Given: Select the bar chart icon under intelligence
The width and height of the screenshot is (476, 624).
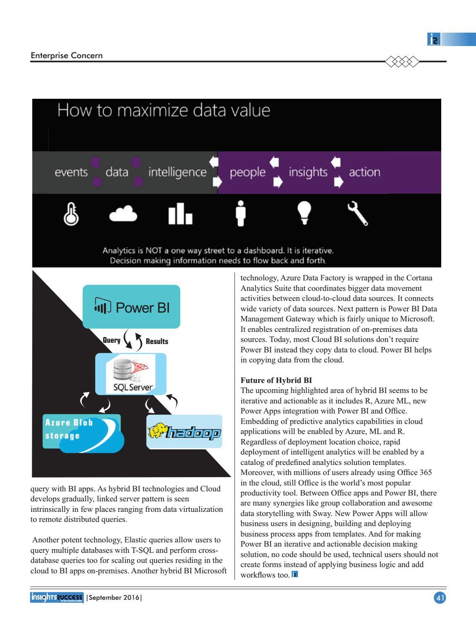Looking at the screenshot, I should pyautogui.click(x=180, y=214).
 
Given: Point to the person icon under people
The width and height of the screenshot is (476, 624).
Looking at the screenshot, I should pyautogui.click(x=241, y=213).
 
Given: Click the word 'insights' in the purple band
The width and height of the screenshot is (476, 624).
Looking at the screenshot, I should pyautogui.click(x=308, y=172).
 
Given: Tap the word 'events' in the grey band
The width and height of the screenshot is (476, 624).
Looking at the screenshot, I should pyautogui.click(x=71, y=172).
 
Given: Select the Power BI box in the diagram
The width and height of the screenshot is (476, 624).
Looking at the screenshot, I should pyautogui.click(x=131, y=307).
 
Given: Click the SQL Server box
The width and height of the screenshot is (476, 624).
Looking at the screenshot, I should pyautogui.click(x=131, y=374).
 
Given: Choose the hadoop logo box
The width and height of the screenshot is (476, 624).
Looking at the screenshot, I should pyautogui.click(x=184, y=431).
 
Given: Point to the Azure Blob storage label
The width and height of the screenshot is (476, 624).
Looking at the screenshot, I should pyautogui.click(x=69, y=429).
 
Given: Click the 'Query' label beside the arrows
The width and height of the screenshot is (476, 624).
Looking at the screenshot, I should pyautogui.click(x=111, y=340).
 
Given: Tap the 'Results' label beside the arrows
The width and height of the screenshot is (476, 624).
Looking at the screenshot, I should pyautogui.click(x=157, y=342).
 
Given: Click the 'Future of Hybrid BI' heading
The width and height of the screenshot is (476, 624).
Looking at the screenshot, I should pyautogui.click(x=276, y=380).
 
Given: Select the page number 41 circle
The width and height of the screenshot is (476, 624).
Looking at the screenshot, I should pyautogui.click(x=440, y=598).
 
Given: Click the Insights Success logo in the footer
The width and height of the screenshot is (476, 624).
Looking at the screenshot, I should pyautogui.click(x=57, y=598).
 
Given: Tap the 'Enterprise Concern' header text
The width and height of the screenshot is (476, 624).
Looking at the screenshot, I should pyautogui.click(x=67, y=55).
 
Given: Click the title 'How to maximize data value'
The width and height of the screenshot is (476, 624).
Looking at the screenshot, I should pyautogui.click(x=164, y=110).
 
